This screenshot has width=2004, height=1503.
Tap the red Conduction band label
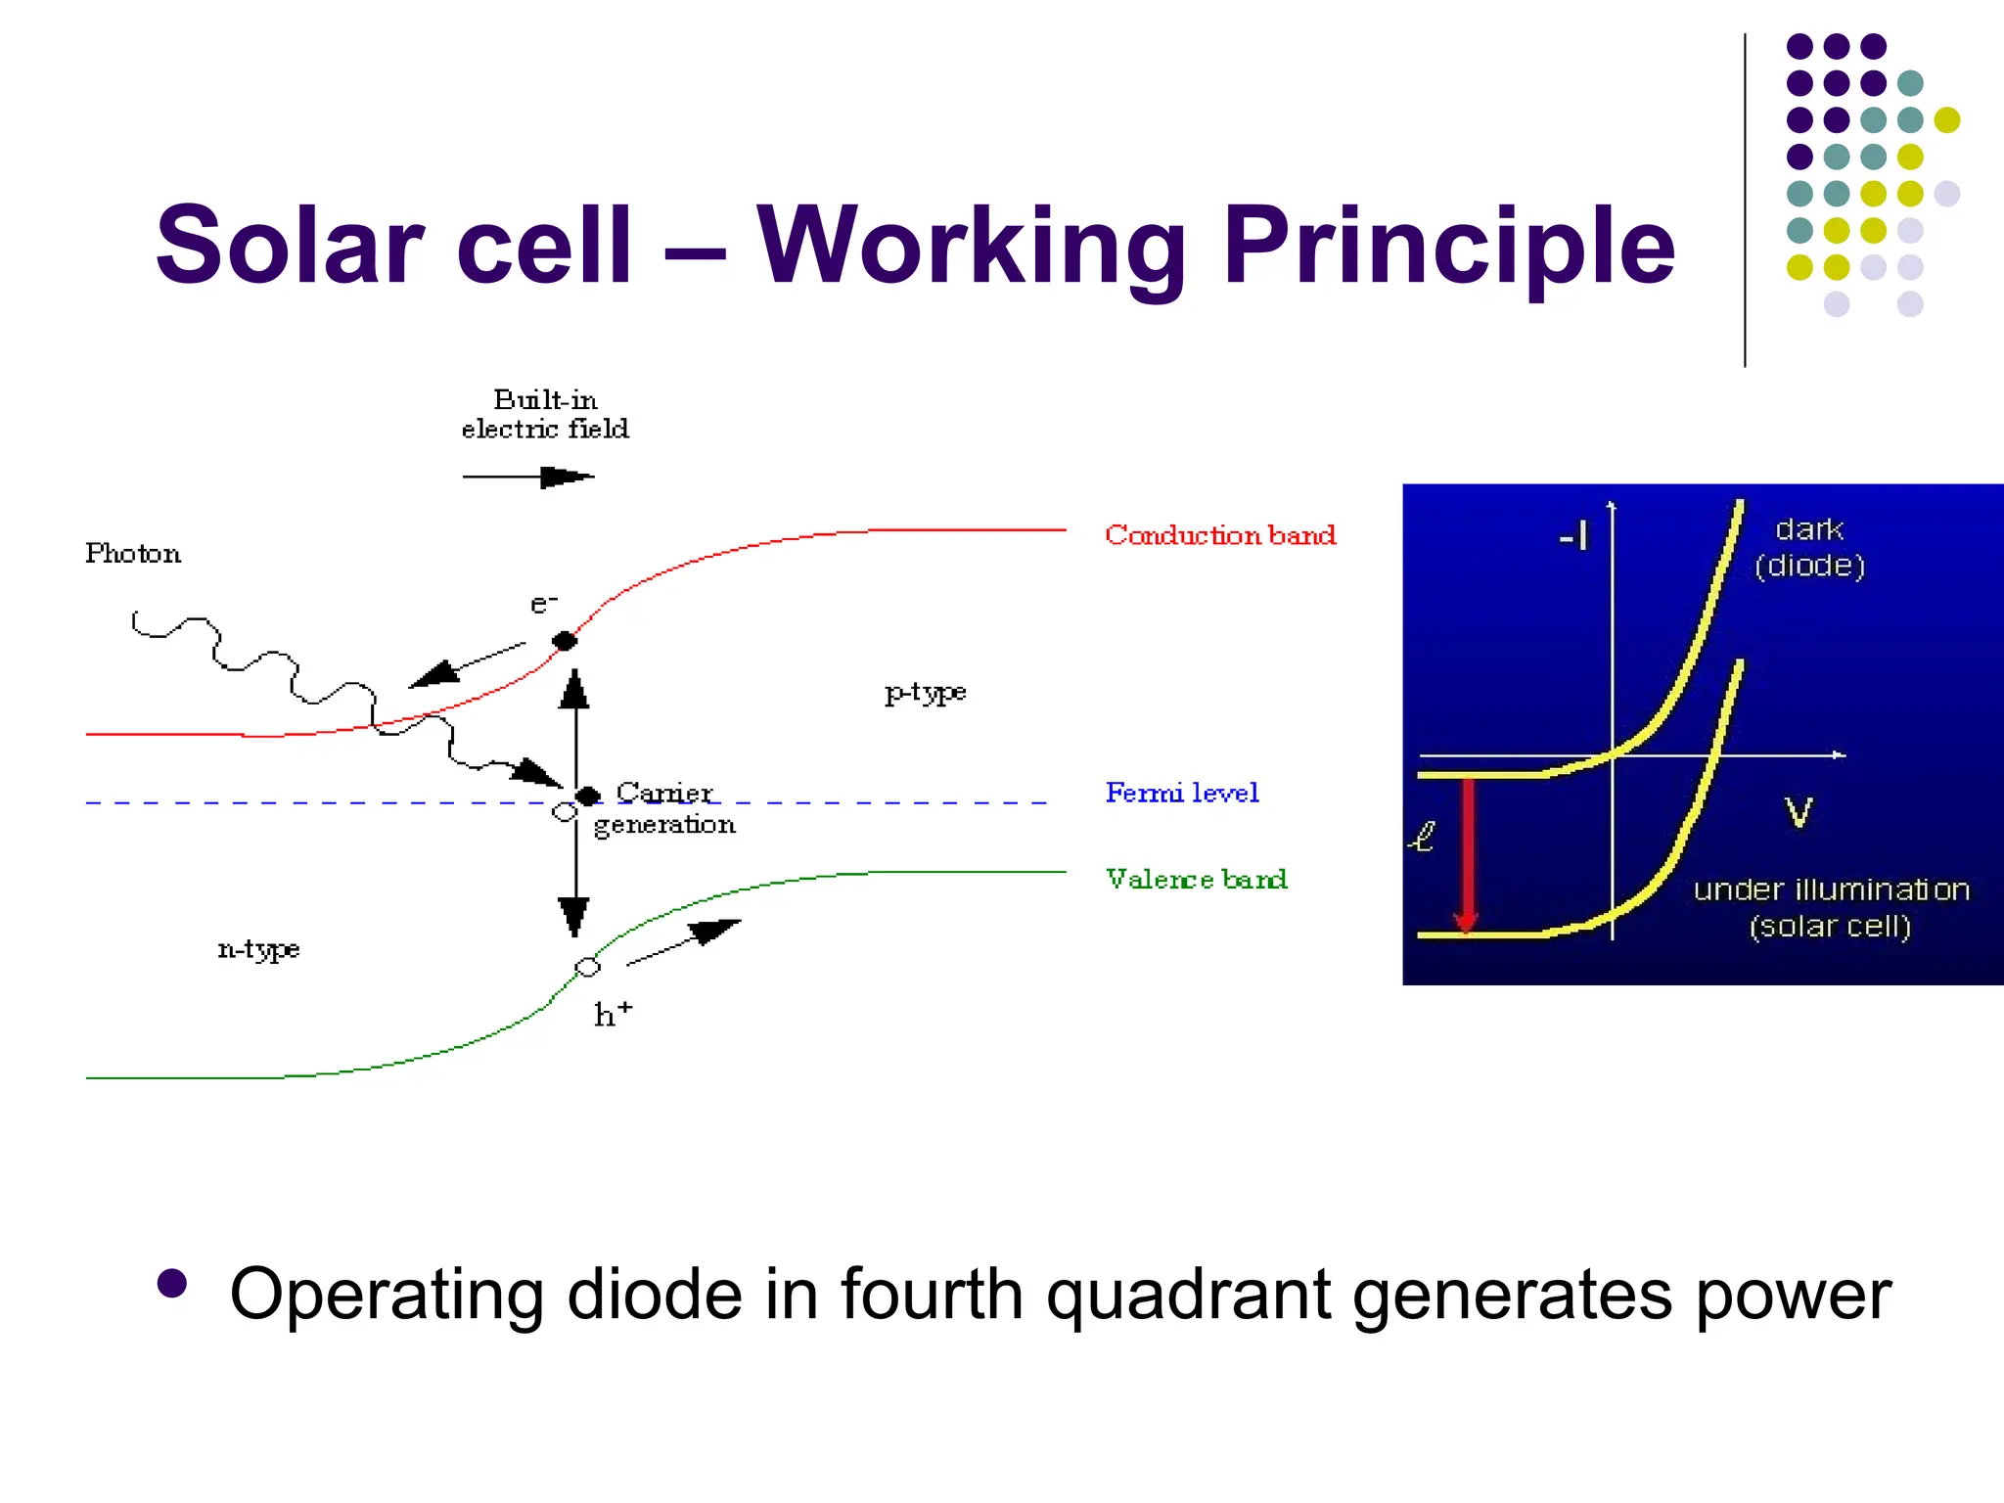(x=1220, y=535)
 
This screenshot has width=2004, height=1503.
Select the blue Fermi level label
(x=1182, y=793)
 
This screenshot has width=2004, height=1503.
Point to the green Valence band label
(x=1196, y=879)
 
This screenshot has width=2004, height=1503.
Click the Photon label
(x=133, y=554)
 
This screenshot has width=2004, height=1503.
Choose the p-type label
(x=925, y=693)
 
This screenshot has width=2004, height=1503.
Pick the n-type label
(x=258, y=949)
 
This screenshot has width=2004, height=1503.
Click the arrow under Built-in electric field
(x=528, y=477)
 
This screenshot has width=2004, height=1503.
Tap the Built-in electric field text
(x=545, y=414)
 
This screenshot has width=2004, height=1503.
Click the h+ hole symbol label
(x=613, y=1014)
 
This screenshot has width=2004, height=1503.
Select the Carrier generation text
(x=665, y=808)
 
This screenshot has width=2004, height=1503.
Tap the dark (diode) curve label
(x=1809, y=547)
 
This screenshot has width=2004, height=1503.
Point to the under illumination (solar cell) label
(x=1831, y=907)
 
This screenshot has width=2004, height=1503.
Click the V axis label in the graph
(x=1799, y=812)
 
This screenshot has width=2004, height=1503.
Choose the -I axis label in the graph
(x=1573, y=536)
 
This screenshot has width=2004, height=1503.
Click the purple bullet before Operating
(x=172, y=1284)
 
